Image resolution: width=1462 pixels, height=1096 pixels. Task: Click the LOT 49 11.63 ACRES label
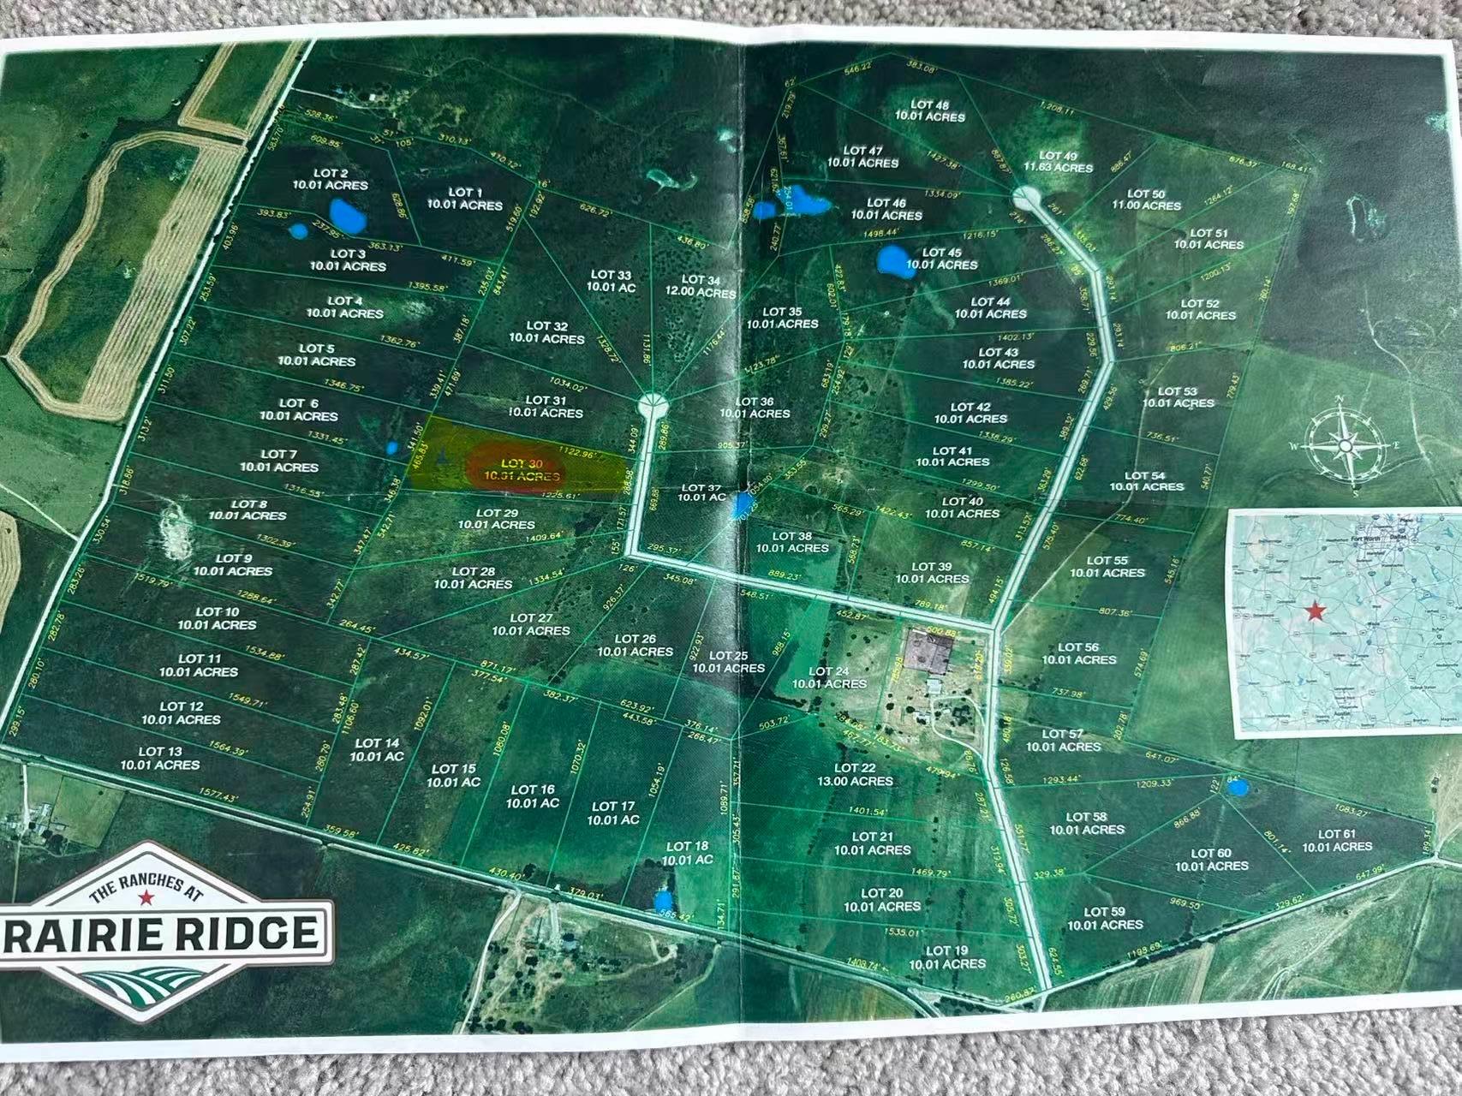point(1059,162)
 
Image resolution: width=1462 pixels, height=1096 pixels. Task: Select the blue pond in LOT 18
point(661,901)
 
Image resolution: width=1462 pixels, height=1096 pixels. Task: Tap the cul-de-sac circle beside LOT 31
point(652,402)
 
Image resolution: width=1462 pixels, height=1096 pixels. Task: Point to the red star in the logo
point(146,897)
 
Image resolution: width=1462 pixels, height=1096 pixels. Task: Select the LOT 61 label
point(1337,840)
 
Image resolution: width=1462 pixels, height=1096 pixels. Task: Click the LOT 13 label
point(160,758)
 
